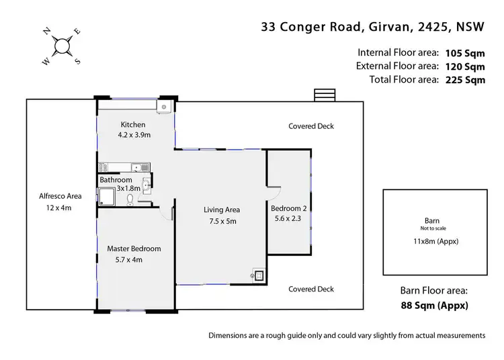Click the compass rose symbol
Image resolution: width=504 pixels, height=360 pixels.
pos(62,46)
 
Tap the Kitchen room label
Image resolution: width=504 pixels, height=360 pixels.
pos(132,125)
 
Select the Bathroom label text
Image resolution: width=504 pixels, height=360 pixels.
pos(116,180)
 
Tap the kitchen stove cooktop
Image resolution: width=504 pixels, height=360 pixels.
pos(103,167)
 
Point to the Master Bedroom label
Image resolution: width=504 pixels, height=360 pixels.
pos(134,249)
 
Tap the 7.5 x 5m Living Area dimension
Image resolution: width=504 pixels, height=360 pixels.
pos(222,221)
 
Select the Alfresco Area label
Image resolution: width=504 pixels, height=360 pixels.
pos(60,196)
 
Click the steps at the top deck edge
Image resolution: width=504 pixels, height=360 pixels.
pos(324,95)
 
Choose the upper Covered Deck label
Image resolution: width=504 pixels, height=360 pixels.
pos(310,126)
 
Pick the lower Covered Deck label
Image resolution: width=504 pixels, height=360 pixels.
pos(310,289)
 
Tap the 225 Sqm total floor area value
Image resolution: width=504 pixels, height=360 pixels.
pos(464,80)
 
